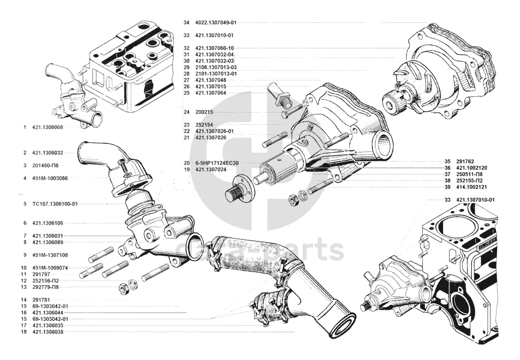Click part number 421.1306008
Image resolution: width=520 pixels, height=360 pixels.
(47, 127)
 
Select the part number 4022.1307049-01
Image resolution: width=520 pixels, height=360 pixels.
(216, 23)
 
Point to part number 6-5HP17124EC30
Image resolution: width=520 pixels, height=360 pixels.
(217, 163)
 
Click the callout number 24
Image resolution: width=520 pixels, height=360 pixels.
(186, 112)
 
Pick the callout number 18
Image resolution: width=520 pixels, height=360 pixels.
(24, 332)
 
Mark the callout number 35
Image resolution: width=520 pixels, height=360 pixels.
(447, 161)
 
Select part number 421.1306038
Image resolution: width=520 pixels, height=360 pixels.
(47, 332)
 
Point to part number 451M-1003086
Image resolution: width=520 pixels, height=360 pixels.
(50, 178)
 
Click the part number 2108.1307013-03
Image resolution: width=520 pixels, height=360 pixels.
(216, 68)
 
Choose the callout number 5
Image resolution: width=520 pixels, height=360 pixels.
(24, 204)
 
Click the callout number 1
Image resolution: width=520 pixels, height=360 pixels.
(24, 127)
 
